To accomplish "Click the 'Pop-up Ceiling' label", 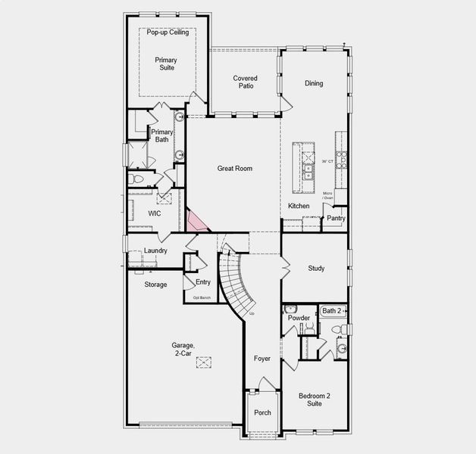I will pyautogui.click(x=168, y=33).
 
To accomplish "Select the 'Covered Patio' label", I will pyautogui.click(x=245, y=82).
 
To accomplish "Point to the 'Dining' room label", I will pyautogui.click(x=314, y=83).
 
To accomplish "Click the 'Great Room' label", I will pyautogui.click(x=234, y=168).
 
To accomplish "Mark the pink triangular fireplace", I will pyautogui.click(x=196, y=220).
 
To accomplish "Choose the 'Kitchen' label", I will pyautogui.click(x=299, y=206).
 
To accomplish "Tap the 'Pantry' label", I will pyautogui.click(x=336, y=219).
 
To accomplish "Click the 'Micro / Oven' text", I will pyautogui.click(x=328, y=196).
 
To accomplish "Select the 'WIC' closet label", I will pyautogui.click(x=155, y=214).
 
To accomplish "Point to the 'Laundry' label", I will pyautogui.click(x=155, y=250).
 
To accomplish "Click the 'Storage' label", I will pyautogui.click(x=155, y=285).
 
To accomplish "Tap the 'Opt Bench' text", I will pyautogui.click(x=201, y=298).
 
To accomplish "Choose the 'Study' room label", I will pyautogui.click(x=316, y=269).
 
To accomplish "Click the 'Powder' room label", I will pyautogui.click(x=299, y=318).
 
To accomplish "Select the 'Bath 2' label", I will pyautogui.click(x=332, y=311).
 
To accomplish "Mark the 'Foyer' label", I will pyautogui.click(x=262, y=359).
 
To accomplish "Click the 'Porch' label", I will pyautogui.click(x=262, y=412).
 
